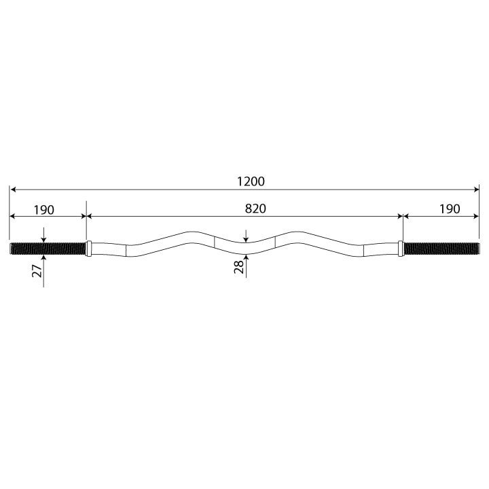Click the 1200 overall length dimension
click(251, 181)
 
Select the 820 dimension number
click(255, 209)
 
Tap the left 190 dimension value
click(44, 210)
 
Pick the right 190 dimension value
click(450, 209)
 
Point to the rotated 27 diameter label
click(37, 271)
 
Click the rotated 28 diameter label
click(239, 267)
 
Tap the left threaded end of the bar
click(48, 249)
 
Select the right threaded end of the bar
click(441, 249)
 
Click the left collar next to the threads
click(88, 249)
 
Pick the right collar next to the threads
click(401, 249)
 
